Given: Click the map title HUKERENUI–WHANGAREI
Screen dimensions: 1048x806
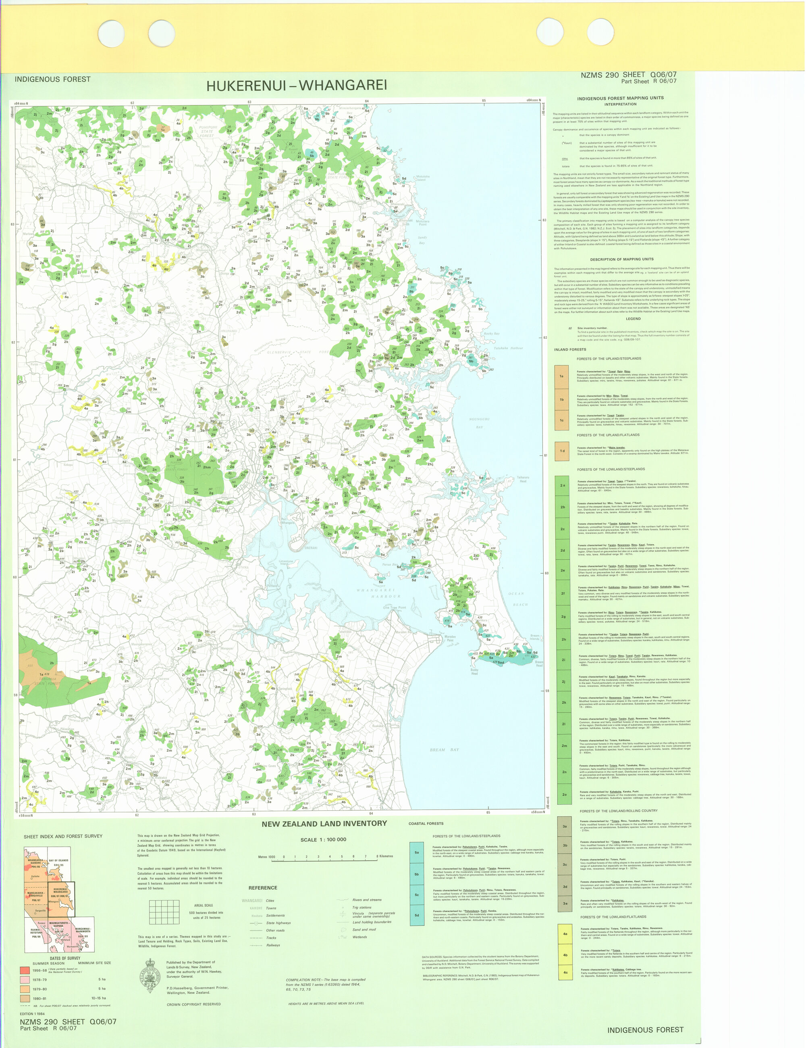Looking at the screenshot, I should (x=296, y=86).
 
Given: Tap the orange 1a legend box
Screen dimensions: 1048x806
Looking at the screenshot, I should (x=561, y=376).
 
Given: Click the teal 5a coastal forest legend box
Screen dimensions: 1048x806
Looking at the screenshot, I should (x=417, y=852).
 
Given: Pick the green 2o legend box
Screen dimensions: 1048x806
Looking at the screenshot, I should (x=564, y=794).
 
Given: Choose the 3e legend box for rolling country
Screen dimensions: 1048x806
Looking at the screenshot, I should (x=565, y=903).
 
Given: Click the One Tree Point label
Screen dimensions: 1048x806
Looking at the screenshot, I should (x=394, y=607).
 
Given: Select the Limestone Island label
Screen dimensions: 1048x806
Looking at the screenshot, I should (x=286, y=562).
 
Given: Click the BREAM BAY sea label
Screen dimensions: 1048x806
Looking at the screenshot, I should (x=444, y=749).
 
